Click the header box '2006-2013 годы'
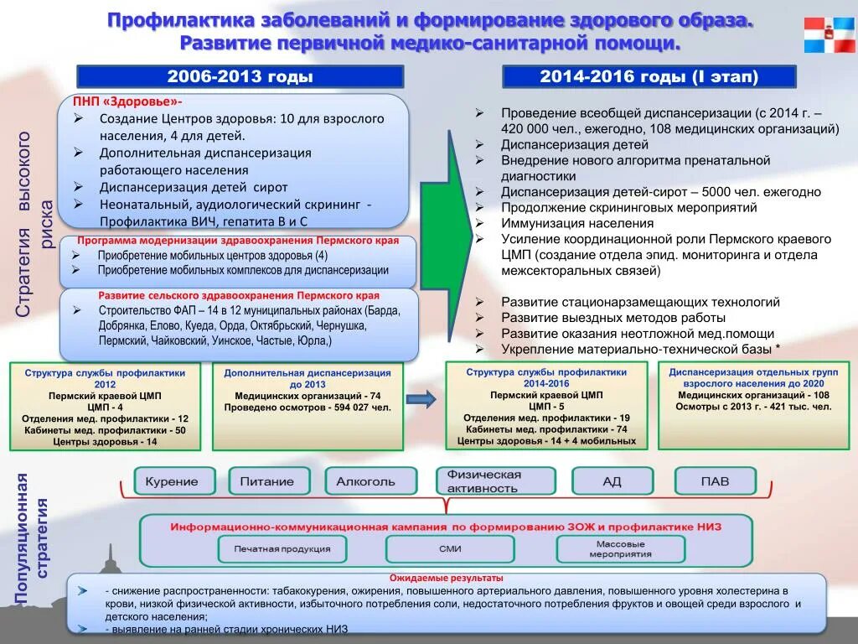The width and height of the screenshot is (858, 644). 240,77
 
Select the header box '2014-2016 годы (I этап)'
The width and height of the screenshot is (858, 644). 649,77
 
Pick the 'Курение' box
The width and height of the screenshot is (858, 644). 172,481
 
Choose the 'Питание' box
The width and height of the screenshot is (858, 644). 267,481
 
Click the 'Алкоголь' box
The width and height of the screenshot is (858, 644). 365,481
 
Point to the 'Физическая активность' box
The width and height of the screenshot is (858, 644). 495,481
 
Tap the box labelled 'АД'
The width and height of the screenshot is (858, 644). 612,481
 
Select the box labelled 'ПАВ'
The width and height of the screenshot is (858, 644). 715,481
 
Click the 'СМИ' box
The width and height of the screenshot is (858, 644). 450,549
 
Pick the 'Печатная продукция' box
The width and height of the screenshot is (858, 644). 282,549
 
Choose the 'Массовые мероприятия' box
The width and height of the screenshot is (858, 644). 620,549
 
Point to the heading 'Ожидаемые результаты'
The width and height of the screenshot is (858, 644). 447,579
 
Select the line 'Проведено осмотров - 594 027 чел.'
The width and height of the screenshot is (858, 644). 308,407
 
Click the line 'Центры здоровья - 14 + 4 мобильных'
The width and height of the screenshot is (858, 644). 546,440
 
